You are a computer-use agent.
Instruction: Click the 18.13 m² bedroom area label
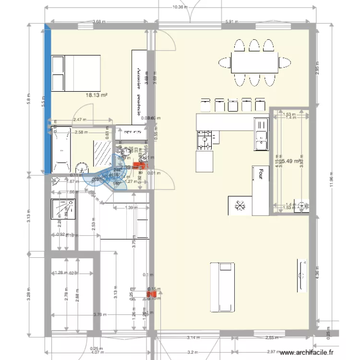click(96, 96)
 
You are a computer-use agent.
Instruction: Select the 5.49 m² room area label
click(290, 162)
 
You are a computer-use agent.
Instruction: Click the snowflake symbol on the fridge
click(240, 205)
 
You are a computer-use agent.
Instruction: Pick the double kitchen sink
click(261, 134)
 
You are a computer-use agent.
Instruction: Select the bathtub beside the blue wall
click(61, 150)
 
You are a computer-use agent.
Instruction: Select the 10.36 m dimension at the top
click(180, 7)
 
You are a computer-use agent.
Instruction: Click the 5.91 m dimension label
click(231, 22)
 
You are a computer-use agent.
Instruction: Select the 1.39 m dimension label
click(128, 208)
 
